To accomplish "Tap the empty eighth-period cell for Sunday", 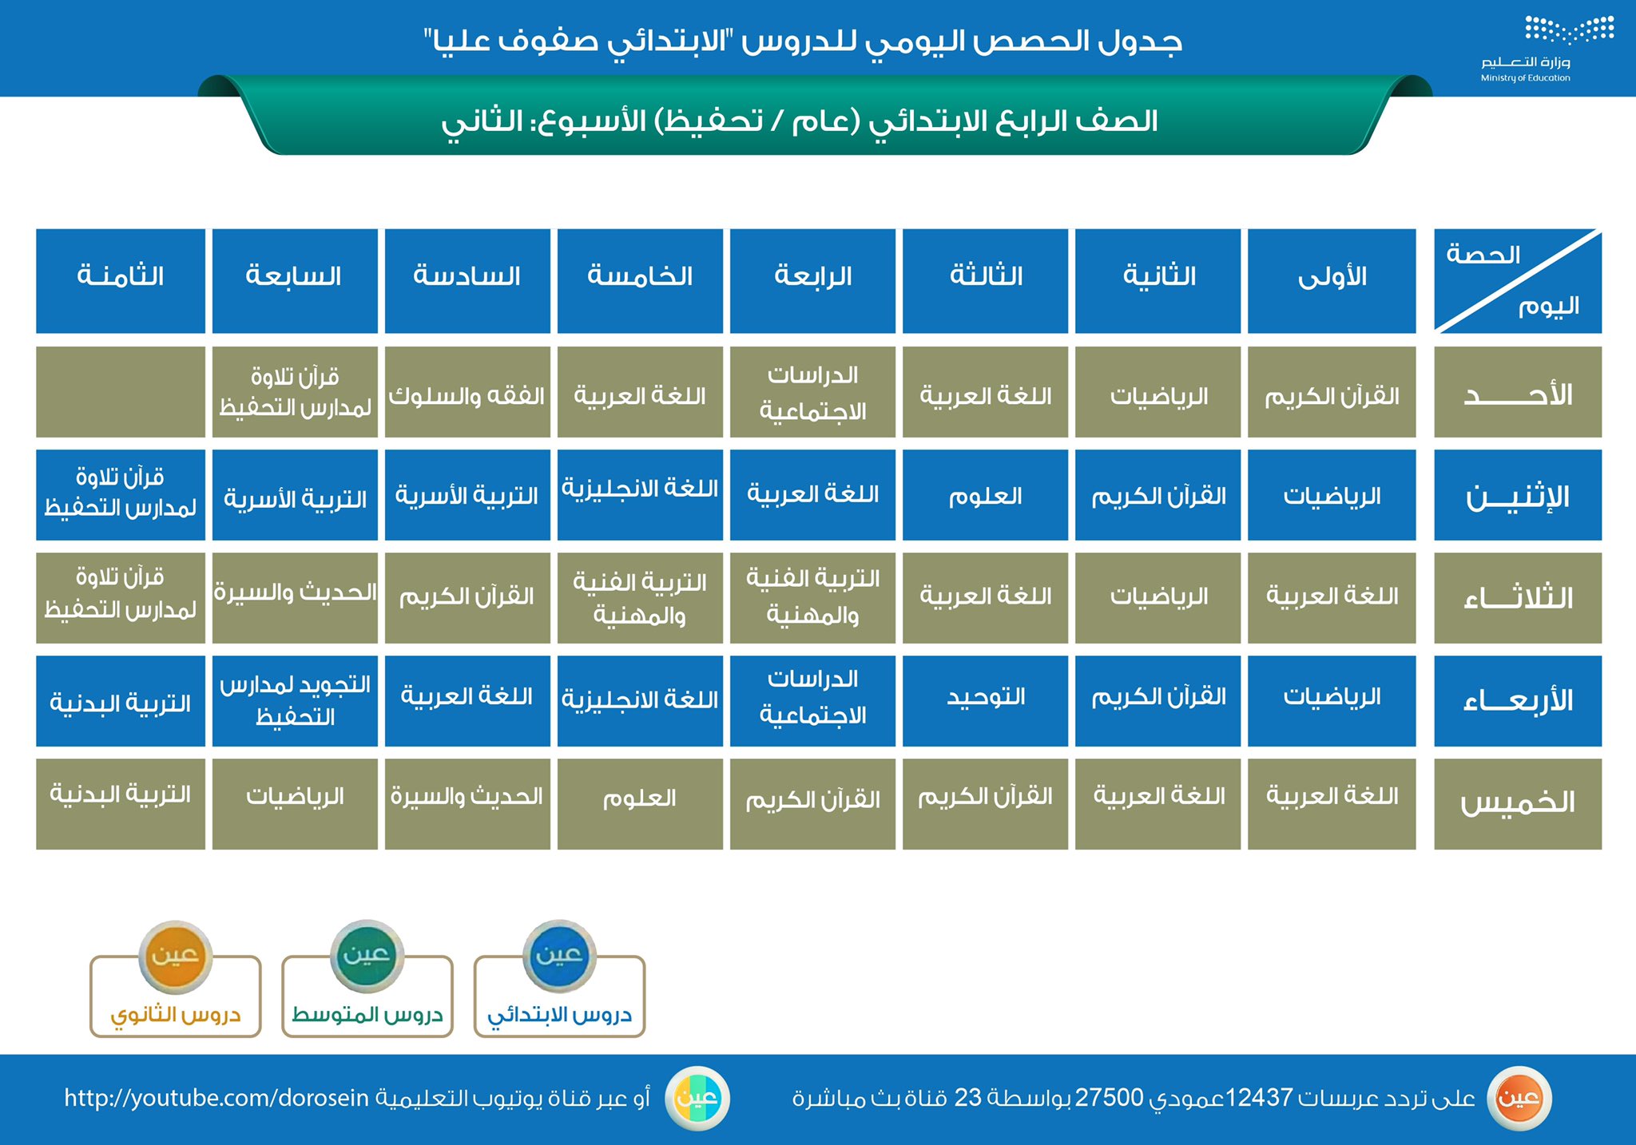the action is coord(121,392).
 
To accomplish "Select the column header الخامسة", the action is coord(640,281).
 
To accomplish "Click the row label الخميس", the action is coord(1518,804).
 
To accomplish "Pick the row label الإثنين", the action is coord(1518,495).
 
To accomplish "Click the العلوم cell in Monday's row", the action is coord(985,495).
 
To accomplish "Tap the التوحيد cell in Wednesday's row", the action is coord(985,701).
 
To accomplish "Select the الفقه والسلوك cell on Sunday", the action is coord(467,392).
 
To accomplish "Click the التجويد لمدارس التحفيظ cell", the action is coord(295,701).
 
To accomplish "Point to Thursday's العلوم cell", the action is coord(640,804).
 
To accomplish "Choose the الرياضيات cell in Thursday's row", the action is coord(295,804).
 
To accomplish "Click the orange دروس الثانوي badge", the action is coord(176,979).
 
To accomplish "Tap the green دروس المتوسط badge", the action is coord(367,979).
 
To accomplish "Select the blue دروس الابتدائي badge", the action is coord(559,979).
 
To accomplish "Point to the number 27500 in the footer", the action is coord(1109,1098).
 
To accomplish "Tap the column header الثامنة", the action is coord(121,281).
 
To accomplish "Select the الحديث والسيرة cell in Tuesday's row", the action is coord(295,598).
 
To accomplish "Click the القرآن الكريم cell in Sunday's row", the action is coord(1332,392).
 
